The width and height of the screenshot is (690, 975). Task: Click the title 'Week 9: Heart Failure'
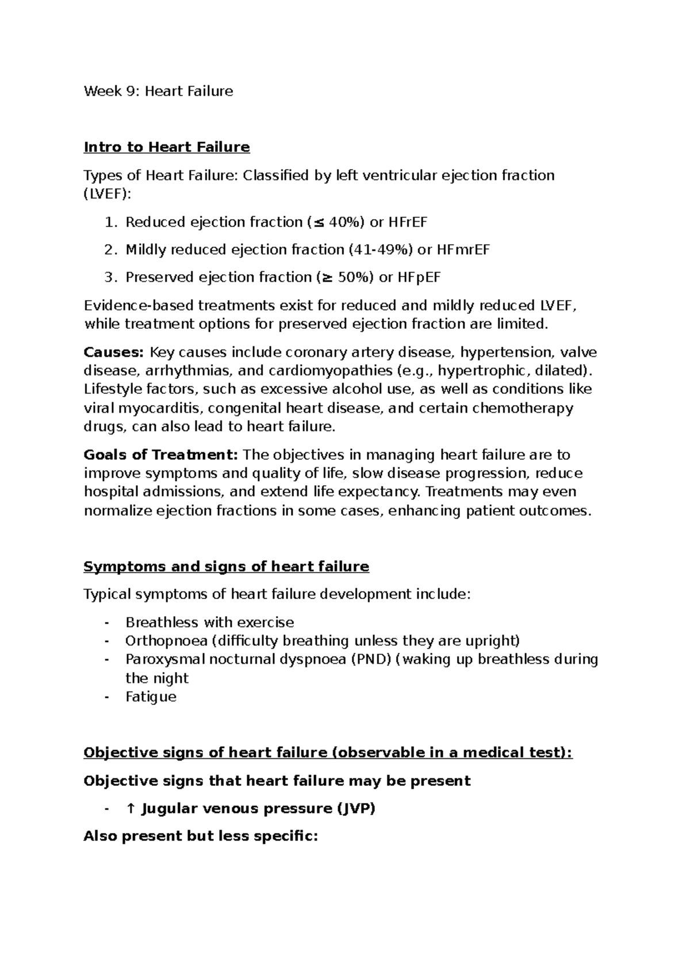coord(158,91)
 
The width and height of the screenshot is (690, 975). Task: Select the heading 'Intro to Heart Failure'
coord(167,147)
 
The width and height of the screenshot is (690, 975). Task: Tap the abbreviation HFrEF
coord(408,222)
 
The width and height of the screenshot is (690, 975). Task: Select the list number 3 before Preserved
coord(109,278)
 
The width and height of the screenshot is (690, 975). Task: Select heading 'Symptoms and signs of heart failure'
coord(226,567)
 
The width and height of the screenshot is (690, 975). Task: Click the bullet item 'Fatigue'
coord(151,697)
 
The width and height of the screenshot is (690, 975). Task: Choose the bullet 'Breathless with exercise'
coord(209,623)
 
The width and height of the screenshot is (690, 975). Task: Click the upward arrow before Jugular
coord(131,809)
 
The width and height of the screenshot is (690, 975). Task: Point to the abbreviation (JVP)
coord(355,809)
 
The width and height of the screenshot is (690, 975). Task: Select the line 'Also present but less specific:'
coord(201,836)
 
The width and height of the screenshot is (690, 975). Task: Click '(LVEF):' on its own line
coord(108,194)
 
